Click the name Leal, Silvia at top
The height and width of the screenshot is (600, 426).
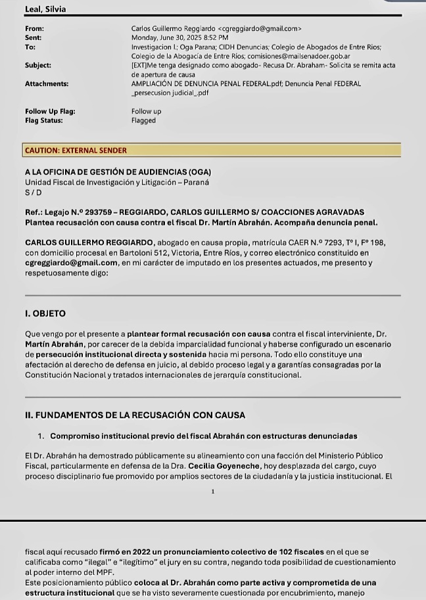pyautogui.click(x=45, y=9)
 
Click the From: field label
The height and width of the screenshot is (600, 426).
pyautogui.click(x=34, y=29)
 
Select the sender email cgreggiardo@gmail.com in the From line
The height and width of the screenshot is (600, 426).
pyautogui.click(x=260, y=29)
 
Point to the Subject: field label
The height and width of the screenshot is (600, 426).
pyautogui.click(x=38, y=66)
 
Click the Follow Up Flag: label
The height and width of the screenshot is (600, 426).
pyautogui.click(x=50, y=112)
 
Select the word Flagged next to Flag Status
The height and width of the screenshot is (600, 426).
pyautogui.click(x=143, y=121)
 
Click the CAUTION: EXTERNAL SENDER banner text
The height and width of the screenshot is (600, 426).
pyautogui.click(x=66, y=151)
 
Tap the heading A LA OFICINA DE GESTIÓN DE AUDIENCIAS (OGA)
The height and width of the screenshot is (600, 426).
pyautogui.click(x=118, y=172)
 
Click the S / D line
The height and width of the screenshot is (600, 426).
pyautogui.click(x=33, y=193)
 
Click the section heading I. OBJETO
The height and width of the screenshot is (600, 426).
pyautogui.click(x=45, y=313)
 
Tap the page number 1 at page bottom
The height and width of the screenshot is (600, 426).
pyautogui.click(x=213, y=492)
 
